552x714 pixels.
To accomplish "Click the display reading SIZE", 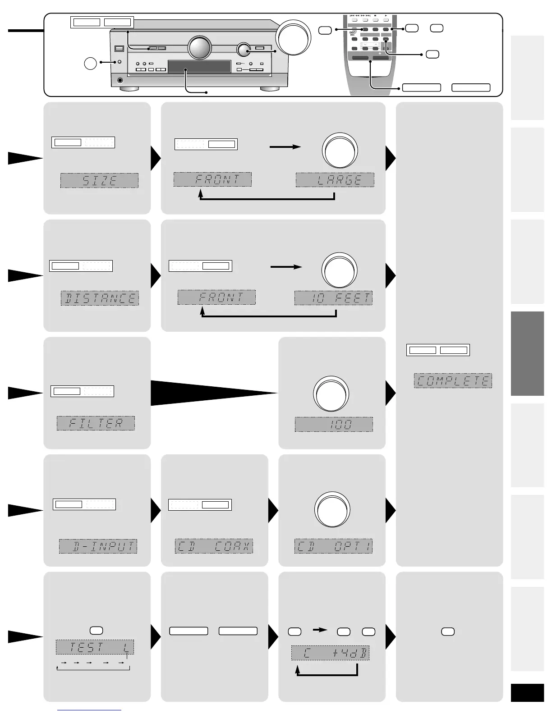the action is tap(99, 181).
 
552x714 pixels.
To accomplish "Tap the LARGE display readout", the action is tap(335, 180).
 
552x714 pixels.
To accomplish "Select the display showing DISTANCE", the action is tap(100, 298).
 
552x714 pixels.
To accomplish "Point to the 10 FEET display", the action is tap(334, 298).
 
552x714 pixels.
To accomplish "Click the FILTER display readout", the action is tap(96, 423).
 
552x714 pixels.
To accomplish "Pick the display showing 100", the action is tap(334, 425).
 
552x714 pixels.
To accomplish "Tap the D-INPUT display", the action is tap(98, 546).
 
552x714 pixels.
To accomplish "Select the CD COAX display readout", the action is tap(214, 546).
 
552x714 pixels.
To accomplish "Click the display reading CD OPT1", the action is tap(334, 546).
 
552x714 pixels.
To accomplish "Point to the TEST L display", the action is tap(95, 648).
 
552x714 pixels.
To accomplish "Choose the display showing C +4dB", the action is tap(330, 653).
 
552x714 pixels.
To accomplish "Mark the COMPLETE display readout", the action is tap(453, 381).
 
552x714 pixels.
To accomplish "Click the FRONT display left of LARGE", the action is tap(212, 179).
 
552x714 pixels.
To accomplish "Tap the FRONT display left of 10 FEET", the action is tap(216, 297).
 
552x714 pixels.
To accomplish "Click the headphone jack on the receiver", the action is tap(120, 81).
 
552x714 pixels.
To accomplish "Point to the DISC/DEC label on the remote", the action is tap(353, 33).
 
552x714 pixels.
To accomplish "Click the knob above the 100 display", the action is tap(331, 394).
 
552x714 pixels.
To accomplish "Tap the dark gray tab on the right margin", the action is tap(527, 353).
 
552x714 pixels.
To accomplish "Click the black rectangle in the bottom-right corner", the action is tap(527, 692).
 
